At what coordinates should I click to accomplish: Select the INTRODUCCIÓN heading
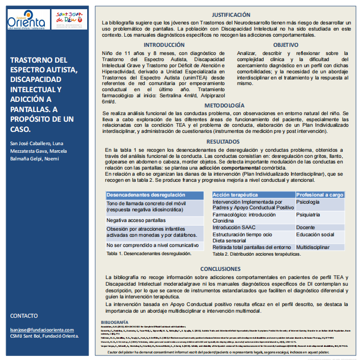tap(164, 45)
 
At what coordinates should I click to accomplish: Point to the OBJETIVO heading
tap(292, 45)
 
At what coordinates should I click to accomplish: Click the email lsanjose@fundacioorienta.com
tap(44, 330)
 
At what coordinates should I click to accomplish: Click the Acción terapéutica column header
tap(235, 195)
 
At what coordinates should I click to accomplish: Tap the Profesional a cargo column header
tap(320, 195)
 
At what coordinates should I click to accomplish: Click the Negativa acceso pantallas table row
tap(136, 220)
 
